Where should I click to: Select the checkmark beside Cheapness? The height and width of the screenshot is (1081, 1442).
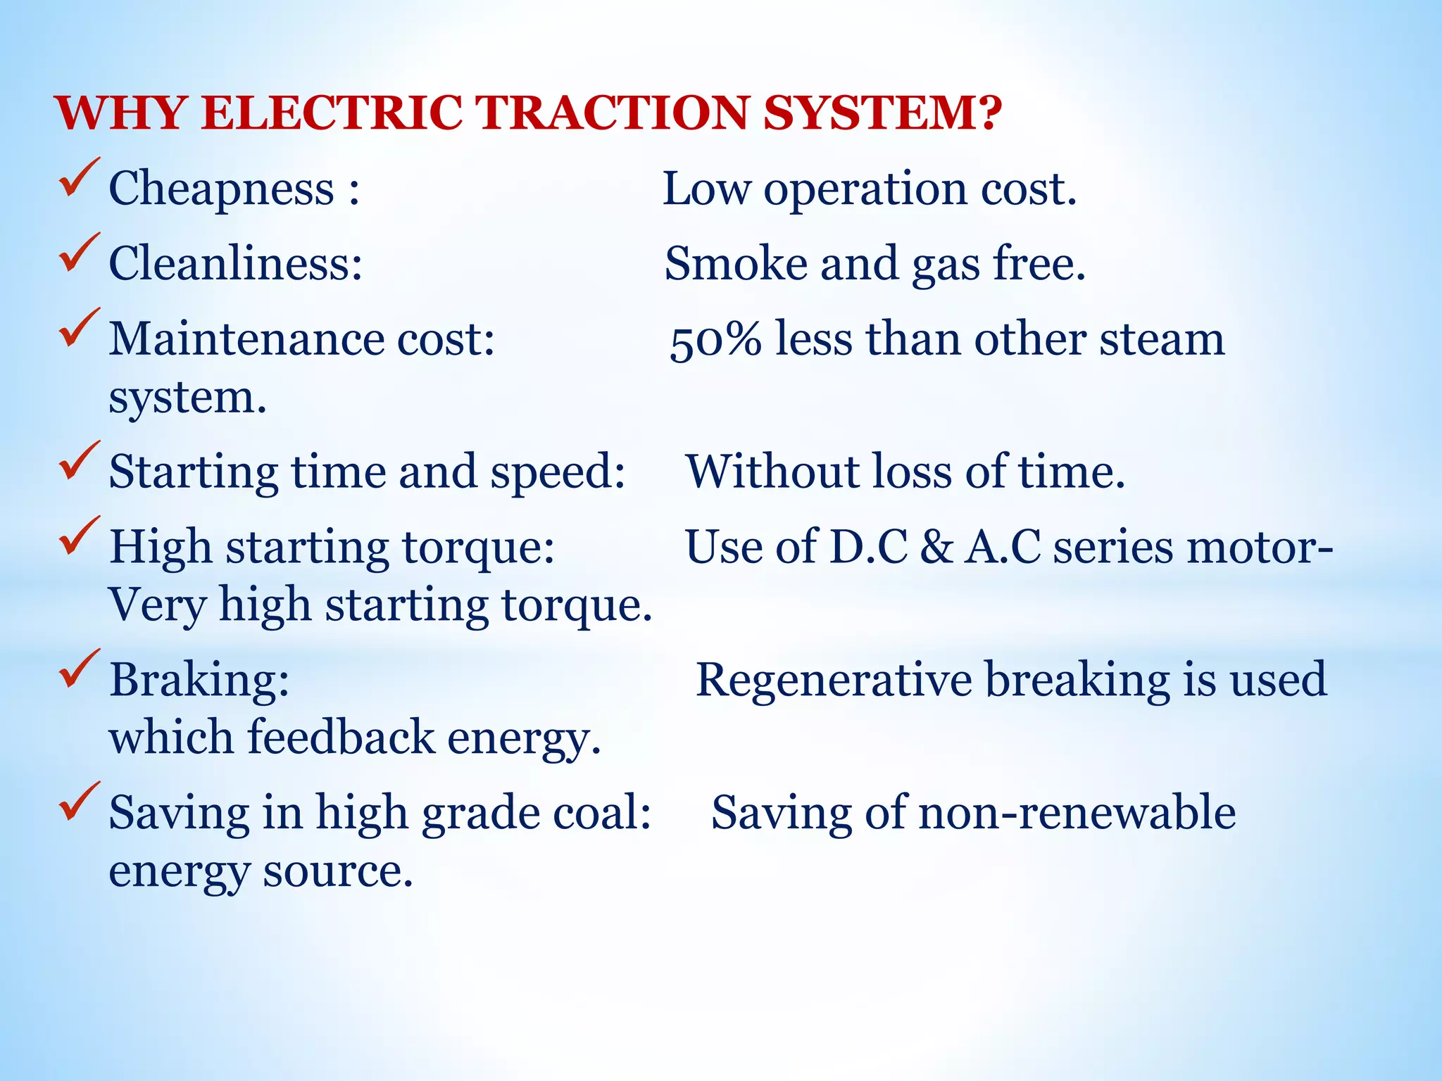click(79, 177)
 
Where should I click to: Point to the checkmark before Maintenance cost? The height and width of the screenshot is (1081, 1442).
click(79, 327)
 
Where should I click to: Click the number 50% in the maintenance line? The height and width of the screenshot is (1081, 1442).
click(715, 341)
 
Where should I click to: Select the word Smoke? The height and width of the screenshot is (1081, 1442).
click(736, 264)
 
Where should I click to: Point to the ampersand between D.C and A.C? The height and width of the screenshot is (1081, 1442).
click(936, 548)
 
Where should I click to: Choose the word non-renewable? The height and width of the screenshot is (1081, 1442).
click(1077, 813)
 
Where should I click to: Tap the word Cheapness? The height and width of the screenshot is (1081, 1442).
click(221, 189)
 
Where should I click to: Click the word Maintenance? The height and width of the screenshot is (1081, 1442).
click(246, 339)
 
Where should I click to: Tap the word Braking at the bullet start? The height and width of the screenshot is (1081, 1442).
click(199, 681)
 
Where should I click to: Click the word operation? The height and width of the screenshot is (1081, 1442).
click(865, 190)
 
